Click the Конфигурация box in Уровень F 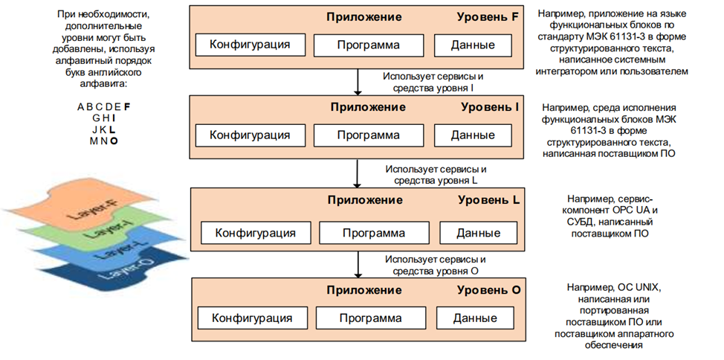coord(249,45)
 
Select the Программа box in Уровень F coord(368,45)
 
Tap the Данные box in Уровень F coord(473,45)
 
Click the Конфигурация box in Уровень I coord(249,135)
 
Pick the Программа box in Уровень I coord(368,135)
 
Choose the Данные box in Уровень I coord(473,135)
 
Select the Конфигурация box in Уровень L coord(255,233)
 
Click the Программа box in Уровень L coord(373,233)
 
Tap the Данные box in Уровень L coord(478,233)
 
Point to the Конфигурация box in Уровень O coord(252,318)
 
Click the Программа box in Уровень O coord(370,318)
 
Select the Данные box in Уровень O coord(476,318)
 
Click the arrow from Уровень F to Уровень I coord(358,81)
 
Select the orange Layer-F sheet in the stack coord(82,205)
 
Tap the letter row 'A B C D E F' coord(103,106)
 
